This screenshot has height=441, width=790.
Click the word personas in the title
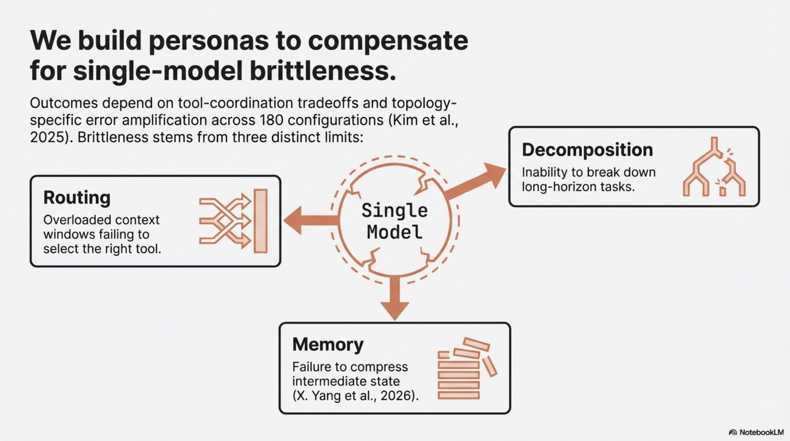pos(209,41)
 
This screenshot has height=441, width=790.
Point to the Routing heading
pos(77,197)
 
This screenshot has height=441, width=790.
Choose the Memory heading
pos(328,344)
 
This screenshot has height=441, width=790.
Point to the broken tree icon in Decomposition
pos(714,167)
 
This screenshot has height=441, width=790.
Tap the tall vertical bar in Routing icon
pos(261,221)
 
